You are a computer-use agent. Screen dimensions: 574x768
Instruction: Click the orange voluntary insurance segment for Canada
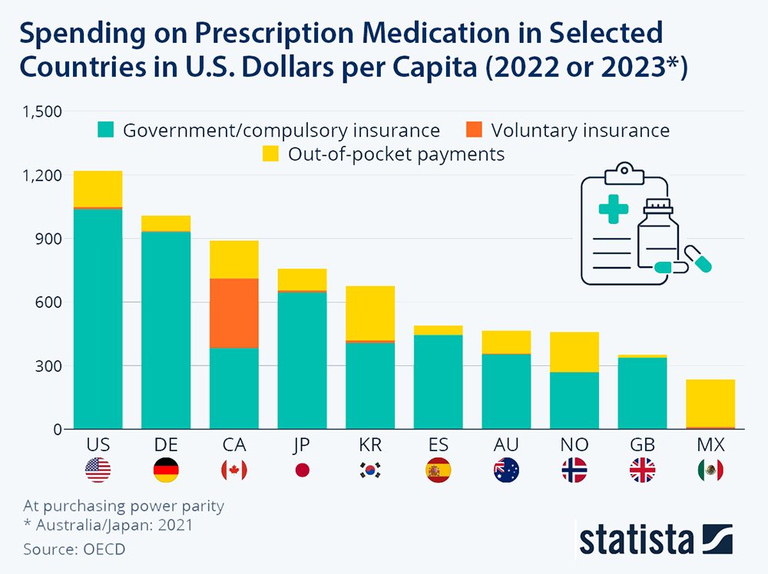pos(234,313)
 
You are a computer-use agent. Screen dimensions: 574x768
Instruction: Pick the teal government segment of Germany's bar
pos(166,330)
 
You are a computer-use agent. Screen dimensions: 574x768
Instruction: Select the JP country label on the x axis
pos(302,445)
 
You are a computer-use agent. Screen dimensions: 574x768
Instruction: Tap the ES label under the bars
pos(438,445)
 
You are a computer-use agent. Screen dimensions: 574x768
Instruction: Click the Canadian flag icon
pos(234,470)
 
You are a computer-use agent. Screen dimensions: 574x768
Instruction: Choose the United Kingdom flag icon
pos(642,470)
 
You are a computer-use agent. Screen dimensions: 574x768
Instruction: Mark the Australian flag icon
pos(506,470)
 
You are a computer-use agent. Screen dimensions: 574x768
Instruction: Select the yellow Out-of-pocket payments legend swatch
pos(271,154)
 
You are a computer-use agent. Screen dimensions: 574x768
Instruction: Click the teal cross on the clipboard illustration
pos(613,209)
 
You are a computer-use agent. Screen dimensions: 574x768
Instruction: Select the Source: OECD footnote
pos(74,549)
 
